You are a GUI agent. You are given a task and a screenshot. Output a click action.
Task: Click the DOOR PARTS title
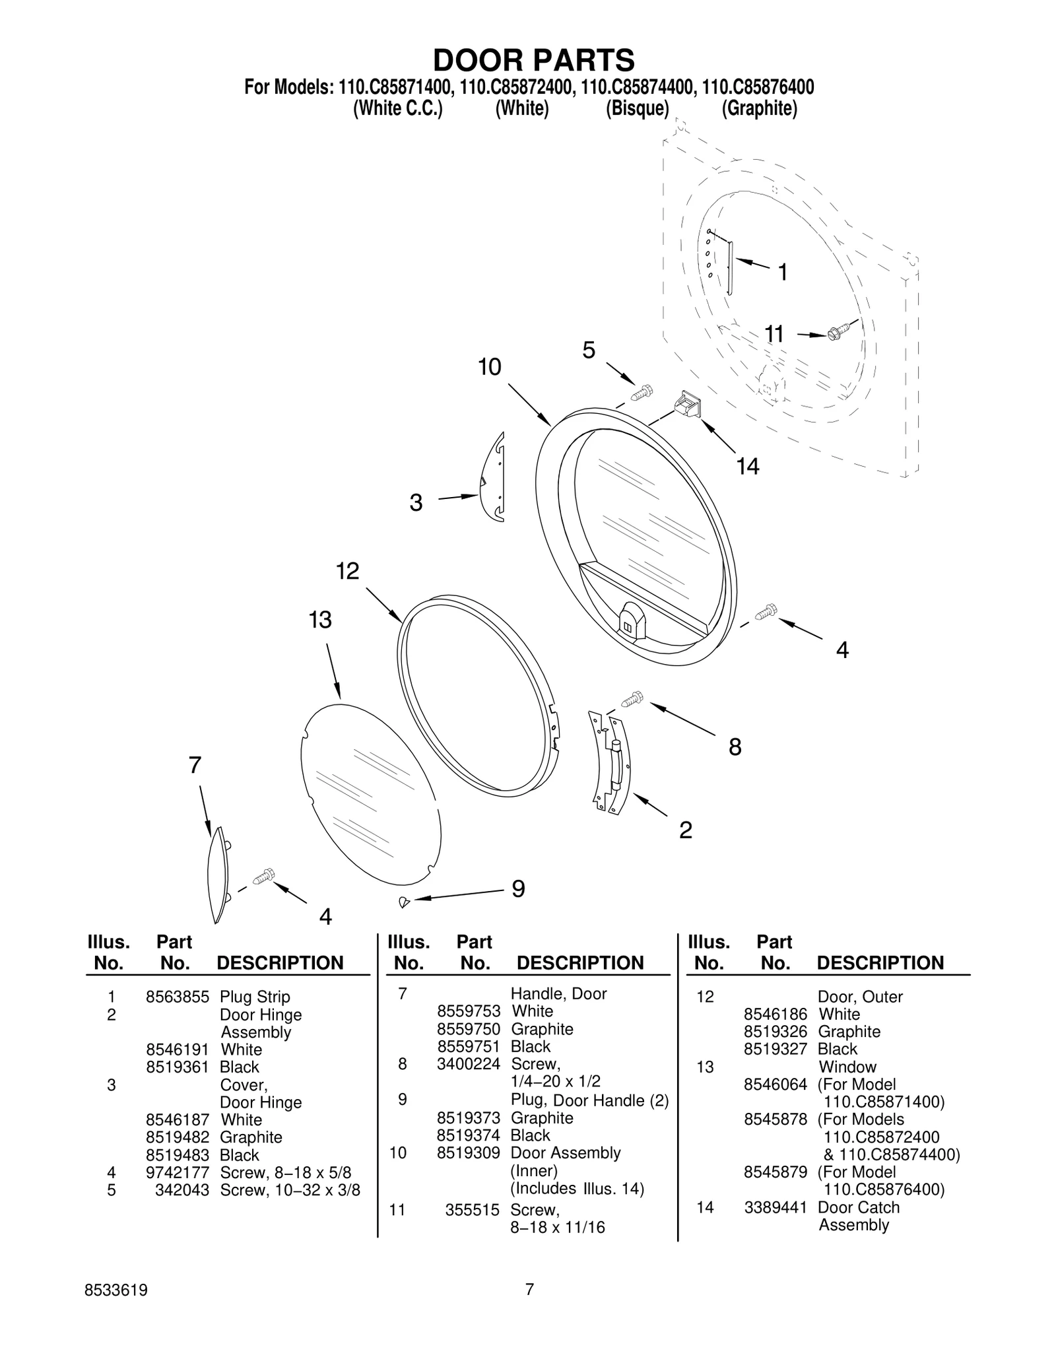click(533, 60)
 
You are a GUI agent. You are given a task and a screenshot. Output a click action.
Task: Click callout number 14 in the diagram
click(747, 467)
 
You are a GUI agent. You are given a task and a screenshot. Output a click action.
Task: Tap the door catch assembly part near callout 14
click(686, 404)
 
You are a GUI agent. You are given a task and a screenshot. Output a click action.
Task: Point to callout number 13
click(320, 620)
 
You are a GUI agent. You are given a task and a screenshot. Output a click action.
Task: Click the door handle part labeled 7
click(217, 875)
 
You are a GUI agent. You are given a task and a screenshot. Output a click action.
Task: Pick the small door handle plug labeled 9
click(404, 901)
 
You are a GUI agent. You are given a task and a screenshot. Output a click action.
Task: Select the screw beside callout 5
click(642, 393)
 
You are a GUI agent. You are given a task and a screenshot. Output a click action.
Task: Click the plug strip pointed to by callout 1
click(730, 268)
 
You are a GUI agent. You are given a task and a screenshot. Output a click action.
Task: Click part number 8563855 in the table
click(177, 997)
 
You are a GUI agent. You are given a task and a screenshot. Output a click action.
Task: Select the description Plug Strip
click(255, 997)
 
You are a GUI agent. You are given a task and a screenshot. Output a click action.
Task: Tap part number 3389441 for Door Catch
click(775, 1207)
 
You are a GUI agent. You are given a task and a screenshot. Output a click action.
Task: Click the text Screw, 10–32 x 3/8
click(290, 1190)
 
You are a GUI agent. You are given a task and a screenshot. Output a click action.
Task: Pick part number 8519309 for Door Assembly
click(468, 1152)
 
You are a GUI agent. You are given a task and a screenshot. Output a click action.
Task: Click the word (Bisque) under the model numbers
click(638, 108)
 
